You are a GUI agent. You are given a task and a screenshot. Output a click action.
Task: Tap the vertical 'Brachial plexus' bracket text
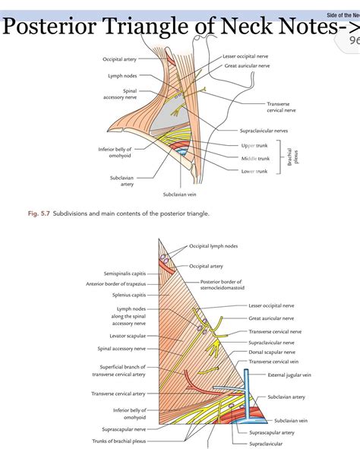(293, 158)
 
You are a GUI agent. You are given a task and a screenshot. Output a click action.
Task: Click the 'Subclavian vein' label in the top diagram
(181, 194)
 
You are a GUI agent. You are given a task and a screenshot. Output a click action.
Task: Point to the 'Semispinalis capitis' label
(125, 273)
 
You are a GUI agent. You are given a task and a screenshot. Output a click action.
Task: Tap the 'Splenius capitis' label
(128, 295)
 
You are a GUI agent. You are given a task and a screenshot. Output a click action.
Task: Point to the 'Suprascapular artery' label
(279, 432)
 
